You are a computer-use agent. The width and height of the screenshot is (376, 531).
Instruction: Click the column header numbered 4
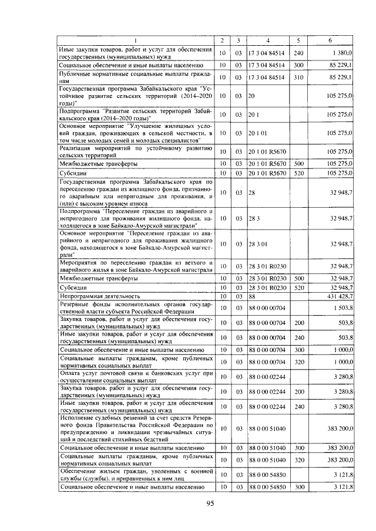point(267,40)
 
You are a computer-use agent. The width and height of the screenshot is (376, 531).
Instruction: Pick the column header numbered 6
point(331,40)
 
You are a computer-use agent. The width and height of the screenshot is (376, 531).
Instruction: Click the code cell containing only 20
point(251,94)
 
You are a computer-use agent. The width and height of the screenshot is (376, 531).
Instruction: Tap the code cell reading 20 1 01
point(257,133)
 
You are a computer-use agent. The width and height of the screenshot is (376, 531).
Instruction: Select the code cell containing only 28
point(251,192)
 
